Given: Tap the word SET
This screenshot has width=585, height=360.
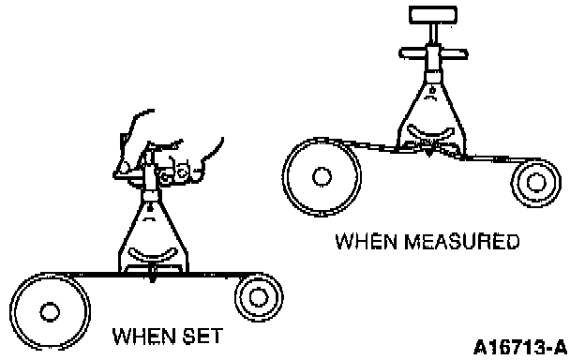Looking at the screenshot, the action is [202, 336].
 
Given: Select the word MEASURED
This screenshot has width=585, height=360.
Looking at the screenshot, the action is [462, 241].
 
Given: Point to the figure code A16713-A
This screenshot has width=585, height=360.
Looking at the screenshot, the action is [520, 347].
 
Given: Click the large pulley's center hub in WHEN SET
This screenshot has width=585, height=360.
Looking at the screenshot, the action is [50, 311].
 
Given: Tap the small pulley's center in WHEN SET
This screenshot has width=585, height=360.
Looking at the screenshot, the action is [258, 297].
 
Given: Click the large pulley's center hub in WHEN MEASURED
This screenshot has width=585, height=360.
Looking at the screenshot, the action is [322, 177].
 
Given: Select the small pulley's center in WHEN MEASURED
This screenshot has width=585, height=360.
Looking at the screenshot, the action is [536, 183].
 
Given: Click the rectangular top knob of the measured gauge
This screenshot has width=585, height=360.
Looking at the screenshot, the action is [433, 15].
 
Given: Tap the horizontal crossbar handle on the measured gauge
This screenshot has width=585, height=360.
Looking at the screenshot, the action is [433, 53].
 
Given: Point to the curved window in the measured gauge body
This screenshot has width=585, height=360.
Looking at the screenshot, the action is [431, 131].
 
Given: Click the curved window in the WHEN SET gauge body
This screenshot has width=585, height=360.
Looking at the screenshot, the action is [152, 254].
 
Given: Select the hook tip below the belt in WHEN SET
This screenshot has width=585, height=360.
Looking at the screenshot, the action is [152, 279].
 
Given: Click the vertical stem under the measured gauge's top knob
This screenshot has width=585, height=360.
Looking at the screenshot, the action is [433, 35].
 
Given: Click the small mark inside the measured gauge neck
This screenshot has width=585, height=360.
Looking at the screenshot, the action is [432, 91].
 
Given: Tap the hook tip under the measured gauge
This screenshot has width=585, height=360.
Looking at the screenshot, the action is [429, 152].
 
